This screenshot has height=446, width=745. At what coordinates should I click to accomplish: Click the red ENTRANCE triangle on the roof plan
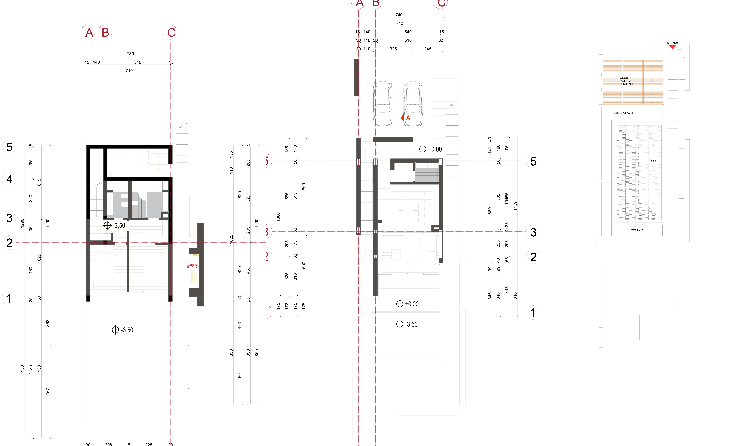(672, 47)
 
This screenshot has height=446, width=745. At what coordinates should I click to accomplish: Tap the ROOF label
(653, 161)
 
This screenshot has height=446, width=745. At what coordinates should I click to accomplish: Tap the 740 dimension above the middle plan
(399, 15)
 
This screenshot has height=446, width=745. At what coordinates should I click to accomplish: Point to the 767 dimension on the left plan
(47, 391)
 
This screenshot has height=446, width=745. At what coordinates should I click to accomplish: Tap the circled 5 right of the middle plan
(533, 161)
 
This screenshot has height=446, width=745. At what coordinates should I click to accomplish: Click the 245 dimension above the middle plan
(428, 49)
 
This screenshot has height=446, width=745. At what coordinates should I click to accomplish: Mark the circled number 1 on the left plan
(9, 298)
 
